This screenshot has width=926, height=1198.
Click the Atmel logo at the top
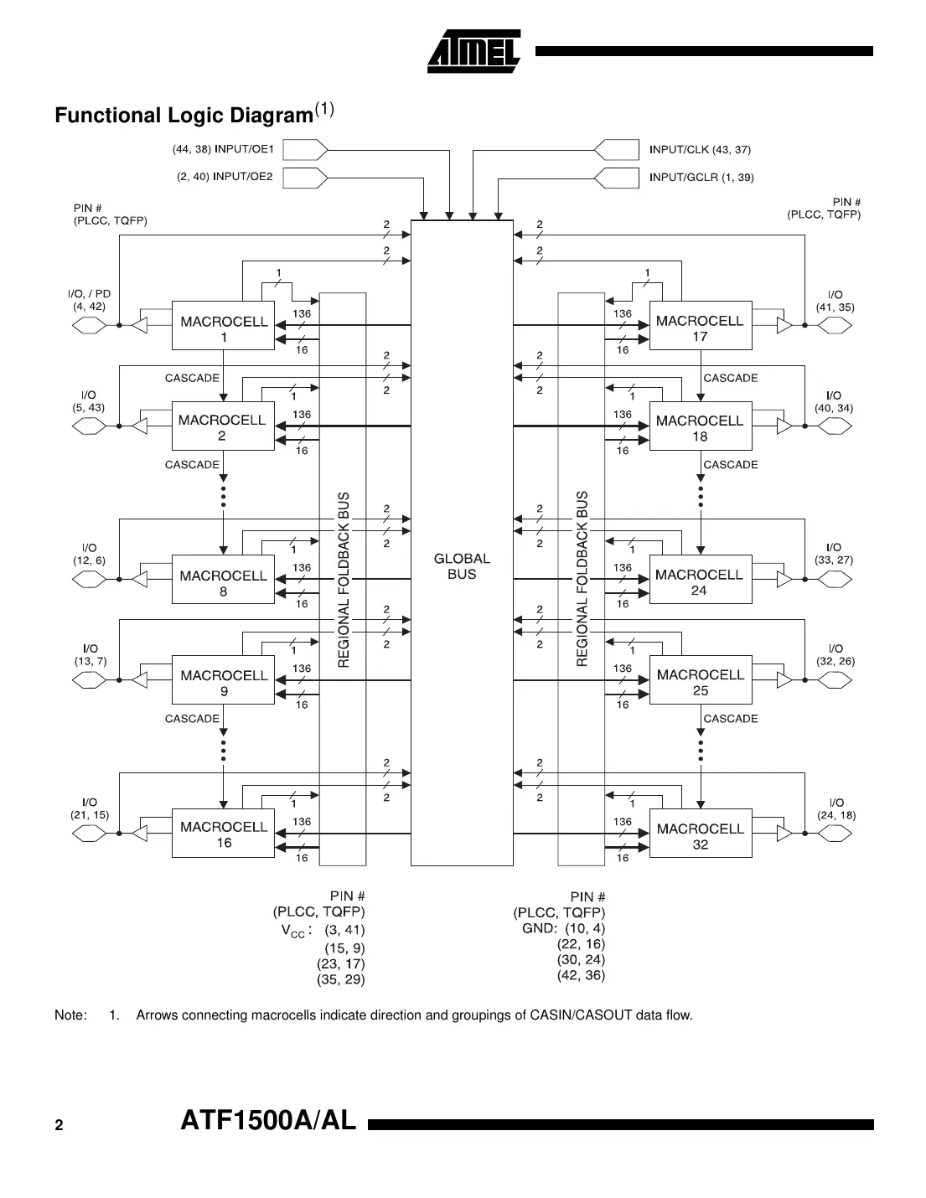(x=474, y=51)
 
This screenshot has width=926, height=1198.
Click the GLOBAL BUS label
(x=462, y=566)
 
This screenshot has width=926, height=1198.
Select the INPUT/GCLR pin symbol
(x=616, y=178)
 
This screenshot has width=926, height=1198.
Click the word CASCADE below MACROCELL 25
(x=731, y=719)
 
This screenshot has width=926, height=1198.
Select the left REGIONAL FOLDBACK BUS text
(x=343, y=580)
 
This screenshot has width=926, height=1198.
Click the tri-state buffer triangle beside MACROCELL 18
(x=784, y=426)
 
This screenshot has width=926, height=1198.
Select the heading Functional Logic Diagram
(x=184, y=116)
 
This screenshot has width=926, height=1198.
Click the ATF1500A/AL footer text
(x=268, y=1121)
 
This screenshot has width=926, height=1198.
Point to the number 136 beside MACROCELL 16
(x=302, y=822)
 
